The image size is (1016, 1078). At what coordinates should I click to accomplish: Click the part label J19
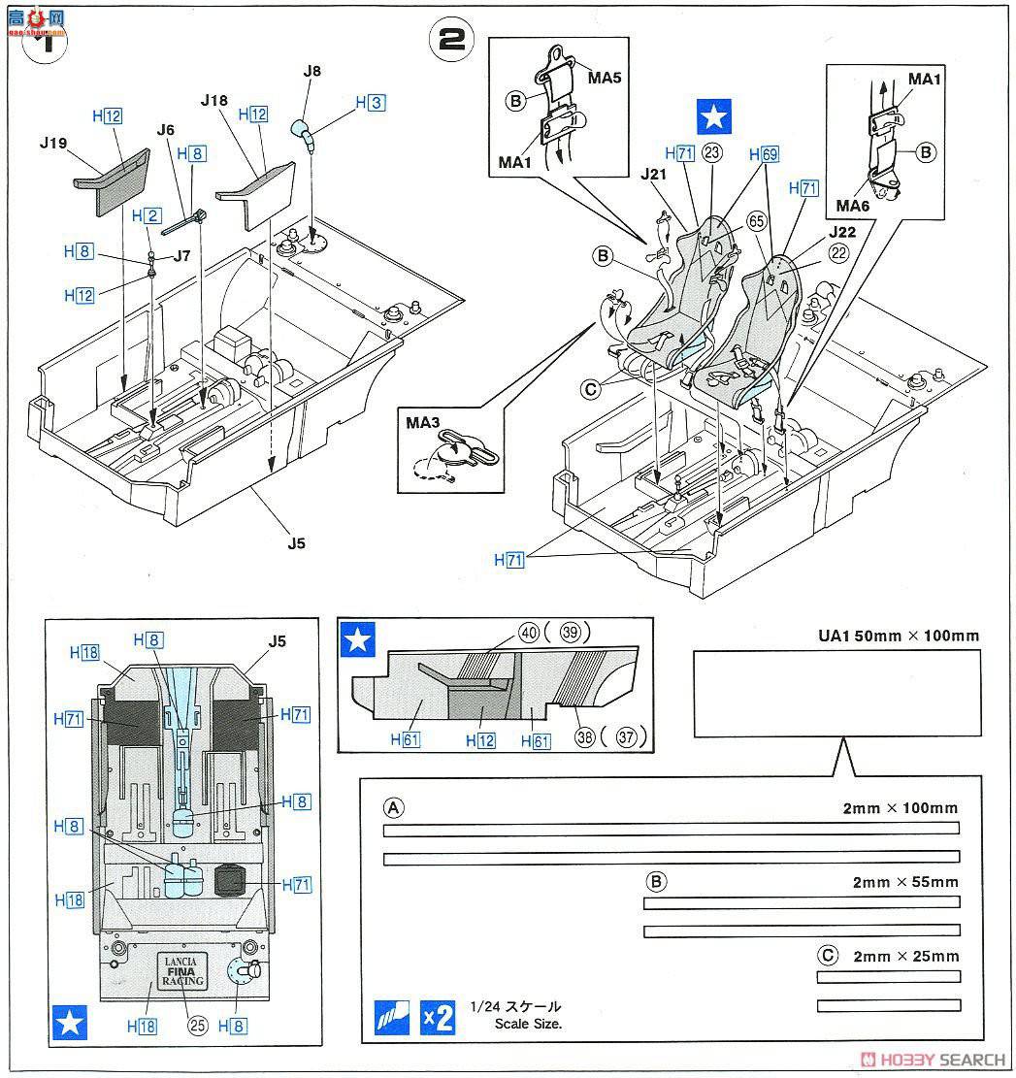54,144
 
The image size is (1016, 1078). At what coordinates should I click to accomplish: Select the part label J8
311,70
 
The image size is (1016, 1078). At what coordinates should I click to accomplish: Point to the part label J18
215,100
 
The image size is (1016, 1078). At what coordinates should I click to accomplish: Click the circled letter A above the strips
393,807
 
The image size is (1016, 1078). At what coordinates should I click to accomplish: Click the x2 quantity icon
439,1017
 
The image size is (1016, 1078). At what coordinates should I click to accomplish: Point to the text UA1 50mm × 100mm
898,637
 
